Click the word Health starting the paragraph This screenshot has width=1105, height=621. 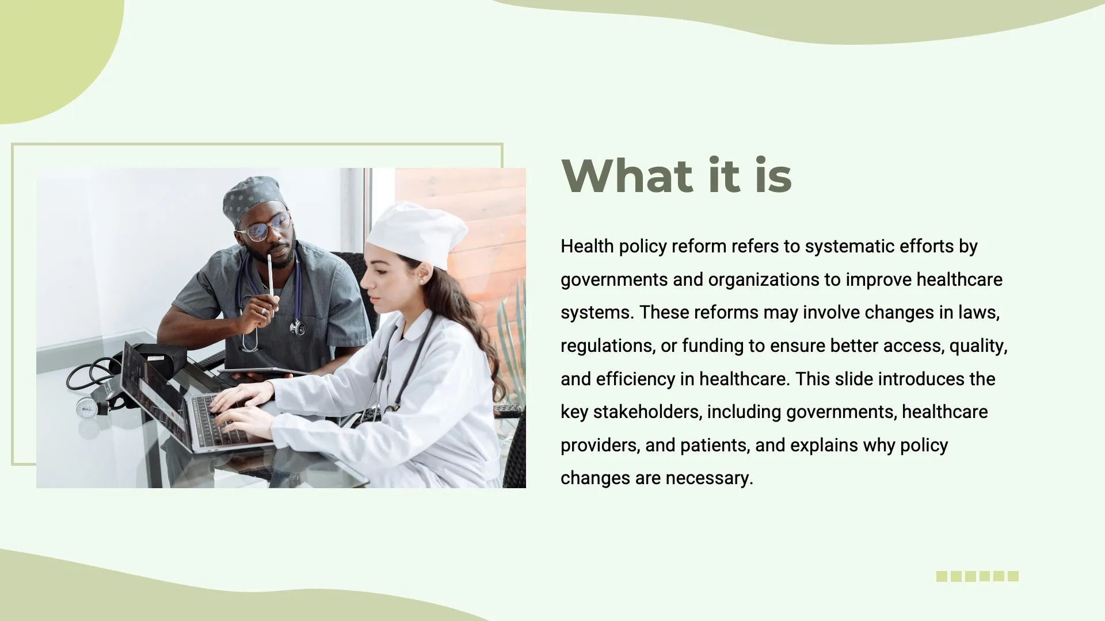point(586,247)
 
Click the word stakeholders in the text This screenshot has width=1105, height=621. point(647,412)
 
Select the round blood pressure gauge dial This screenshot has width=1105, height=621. point(87,408)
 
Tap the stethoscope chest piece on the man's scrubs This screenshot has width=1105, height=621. point(298,328)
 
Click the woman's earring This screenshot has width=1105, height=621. point(420,282)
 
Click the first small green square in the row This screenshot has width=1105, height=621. point(942,576)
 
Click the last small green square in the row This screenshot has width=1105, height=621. point(1013,576)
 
